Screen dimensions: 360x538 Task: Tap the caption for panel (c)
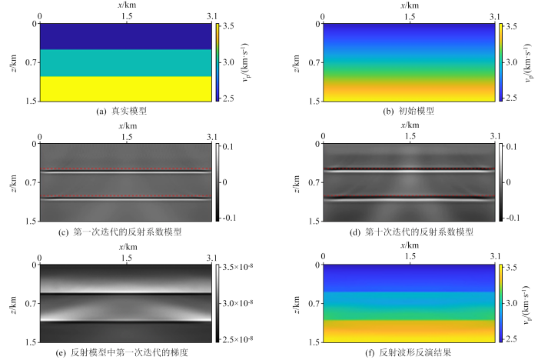point(125,232)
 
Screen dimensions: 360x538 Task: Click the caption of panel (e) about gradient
point(125,351)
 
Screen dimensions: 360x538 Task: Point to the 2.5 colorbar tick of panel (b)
point(513,98)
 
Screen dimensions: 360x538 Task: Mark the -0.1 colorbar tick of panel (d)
point(514,217)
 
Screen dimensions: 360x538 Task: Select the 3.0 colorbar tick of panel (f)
point(513,301)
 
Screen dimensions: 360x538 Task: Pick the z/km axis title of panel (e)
point(15,302)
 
